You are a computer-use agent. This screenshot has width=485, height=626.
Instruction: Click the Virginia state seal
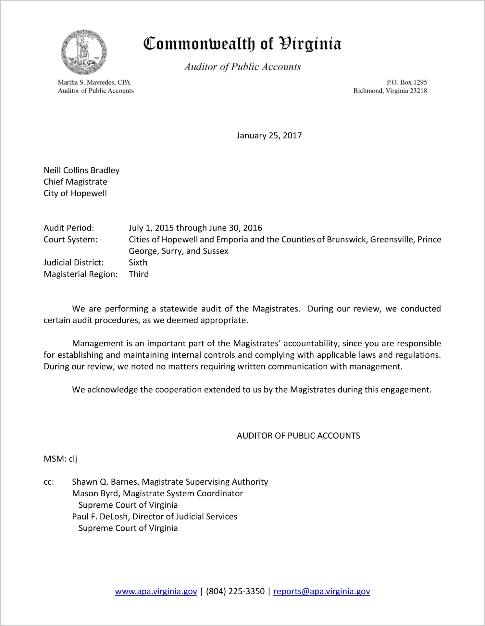coord(84,52)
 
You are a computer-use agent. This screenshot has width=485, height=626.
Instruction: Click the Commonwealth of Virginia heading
coord(242,43)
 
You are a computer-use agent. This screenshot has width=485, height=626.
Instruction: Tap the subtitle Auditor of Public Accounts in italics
coord(242,67)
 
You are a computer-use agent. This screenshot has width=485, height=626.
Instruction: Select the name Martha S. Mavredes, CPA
coord(94,82)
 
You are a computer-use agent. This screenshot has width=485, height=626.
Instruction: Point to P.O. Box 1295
coord(406,82)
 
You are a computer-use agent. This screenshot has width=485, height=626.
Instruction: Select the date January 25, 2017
coord(269,136)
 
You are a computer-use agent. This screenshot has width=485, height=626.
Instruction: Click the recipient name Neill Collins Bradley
coord(81,170)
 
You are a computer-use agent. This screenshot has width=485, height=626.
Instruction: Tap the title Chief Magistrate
coord(75,182)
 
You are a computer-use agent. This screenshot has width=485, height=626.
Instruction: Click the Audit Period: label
coord(69,228)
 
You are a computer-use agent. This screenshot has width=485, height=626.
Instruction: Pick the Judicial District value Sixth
coord(138,263)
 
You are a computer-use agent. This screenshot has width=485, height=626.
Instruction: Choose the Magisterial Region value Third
coord(139,274)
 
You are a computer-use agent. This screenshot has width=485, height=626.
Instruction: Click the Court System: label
coord(70,240)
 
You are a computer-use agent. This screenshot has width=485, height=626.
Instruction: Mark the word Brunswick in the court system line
coord(346,240)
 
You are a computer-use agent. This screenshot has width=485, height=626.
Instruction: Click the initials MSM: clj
coord(60,459)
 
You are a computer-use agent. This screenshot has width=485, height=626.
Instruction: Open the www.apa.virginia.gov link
coord(156,591)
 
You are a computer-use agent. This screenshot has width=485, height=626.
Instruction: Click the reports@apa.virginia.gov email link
coord(321,591)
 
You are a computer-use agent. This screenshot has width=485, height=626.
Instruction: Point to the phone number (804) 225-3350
coord(235,591)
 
